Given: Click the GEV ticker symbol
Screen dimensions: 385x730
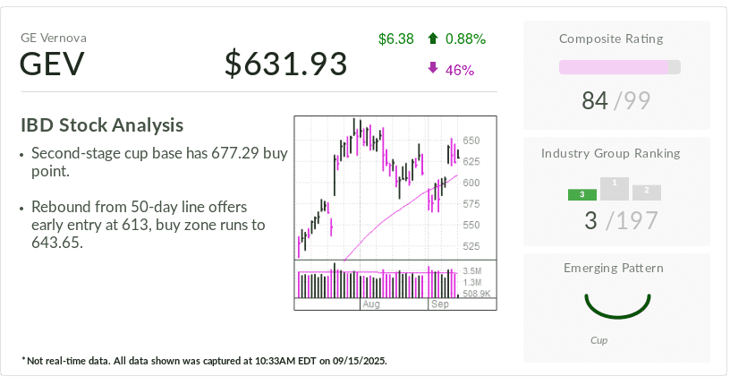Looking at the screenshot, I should (53, 64).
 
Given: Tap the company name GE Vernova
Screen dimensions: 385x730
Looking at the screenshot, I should (54, 38).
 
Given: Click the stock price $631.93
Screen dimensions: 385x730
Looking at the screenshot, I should (285, 64).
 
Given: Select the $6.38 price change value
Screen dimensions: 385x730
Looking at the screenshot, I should (395, 38).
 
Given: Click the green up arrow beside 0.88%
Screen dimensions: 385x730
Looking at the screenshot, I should (433, 38).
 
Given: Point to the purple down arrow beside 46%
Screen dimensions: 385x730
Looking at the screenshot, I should (433, 68).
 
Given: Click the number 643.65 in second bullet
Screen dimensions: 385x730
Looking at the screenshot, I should (56, 242).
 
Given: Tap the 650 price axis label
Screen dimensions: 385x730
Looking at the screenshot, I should (471, 141).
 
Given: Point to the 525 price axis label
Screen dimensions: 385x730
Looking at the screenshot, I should (471, 246).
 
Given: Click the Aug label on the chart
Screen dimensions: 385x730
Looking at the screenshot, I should (371, 305).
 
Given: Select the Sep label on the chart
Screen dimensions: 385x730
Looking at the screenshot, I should (440, 305).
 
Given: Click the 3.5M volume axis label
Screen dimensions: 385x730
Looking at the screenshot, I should (473, 270).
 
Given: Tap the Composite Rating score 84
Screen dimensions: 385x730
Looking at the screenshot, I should (594, 101).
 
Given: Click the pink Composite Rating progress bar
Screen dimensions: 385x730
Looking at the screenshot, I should (614, 67).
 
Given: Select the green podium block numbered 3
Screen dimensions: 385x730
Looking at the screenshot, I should (581, 194).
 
